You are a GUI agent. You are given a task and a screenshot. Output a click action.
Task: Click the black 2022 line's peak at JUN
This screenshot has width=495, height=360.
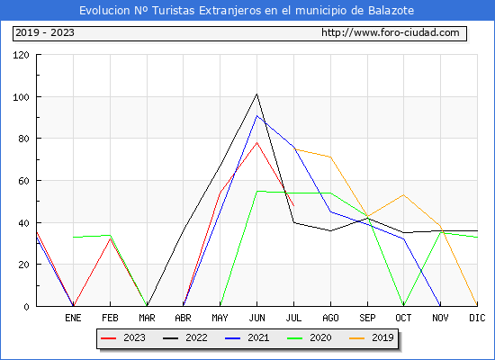257,94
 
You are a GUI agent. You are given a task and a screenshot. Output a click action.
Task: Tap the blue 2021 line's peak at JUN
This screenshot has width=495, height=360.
257,115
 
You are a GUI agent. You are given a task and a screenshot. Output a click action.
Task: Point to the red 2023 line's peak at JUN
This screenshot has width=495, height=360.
257,142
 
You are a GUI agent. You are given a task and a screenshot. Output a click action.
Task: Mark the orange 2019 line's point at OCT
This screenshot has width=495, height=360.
404,194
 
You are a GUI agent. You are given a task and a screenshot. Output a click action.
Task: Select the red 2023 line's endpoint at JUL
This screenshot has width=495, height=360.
294,206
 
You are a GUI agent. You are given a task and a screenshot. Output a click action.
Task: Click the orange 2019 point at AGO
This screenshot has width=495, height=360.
330,157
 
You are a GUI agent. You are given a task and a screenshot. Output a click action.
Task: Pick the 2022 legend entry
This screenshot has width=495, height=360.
185,337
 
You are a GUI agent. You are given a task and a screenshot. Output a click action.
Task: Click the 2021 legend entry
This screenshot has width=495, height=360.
247,337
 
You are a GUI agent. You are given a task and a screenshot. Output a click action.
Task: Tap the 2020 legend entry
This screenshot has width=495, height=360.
310,337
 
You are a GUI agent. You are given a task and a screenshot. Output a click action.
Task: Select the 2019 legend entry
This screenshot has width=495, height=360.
372,337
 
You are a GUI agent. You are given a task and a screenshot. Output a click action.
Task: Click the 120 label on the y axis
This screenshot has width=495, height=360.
21,55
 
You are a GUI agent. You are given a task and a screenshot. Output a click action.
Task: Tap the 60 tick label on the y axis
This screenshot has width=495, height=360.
23,181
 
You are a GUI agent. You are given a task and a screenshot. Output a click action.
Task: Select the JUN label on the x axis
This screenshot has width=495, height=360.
257,318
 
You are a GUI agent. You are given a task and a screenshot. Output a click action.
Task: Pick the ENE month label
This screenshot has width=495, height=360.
73,318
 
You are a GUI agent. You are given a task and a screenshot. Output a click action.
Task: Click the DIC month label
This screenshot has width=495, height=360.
477,318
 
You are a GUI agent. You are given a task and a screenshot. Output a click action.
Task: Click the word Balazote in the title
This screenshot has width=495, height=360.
391,11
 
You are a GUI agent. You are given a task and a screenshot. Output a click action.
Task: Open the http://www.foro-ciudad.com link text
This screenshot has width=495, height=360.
391,32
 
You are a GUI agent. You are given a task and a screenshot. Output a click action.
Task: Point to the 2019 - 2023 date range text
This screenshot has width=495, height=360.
45,32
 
